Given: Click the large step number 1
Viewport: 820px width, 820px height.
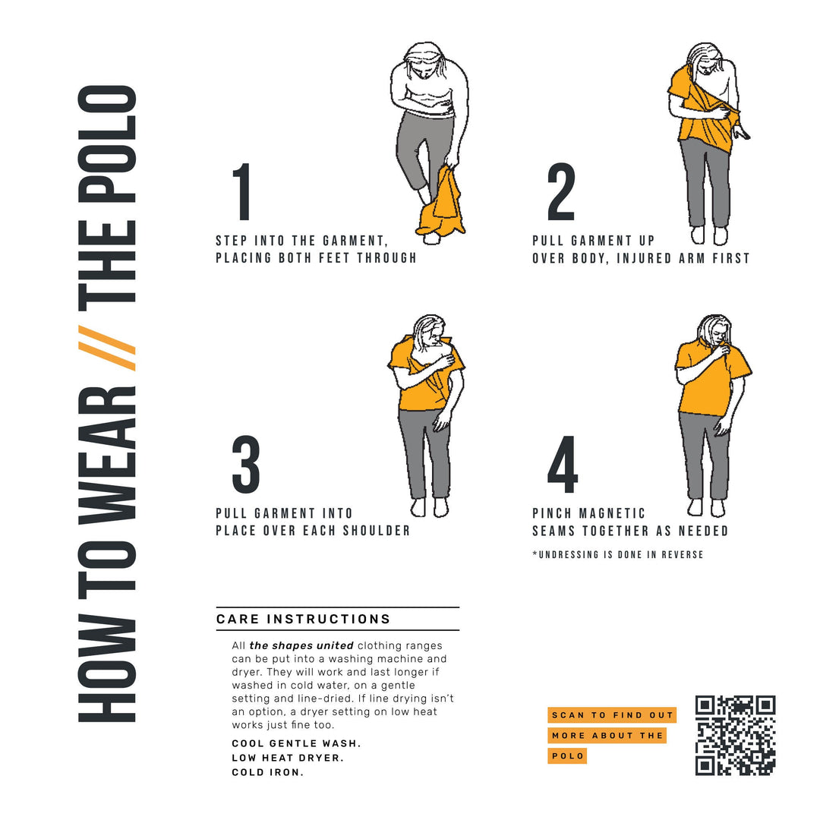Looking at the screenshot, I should pyautogui.click(x=242, y=192).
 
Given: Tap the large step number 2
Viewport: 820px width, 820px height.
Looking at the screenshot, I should pyautogui.click(x=561, y=192).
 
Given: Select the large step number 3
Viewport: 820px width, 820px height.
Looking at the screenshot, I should pyautogui.click(x=245, y=465).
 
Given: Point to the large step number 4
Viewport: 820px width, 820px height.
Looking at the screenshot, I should pyautogui.click(x=563, y=465).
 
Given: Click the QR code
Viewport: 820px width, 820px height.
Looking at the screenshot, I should pyautogui.click(x=735, y=735).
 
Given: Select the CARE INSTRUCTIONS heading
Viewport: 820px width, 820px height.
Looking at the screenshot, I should pyautogui.click(x=304, y=619).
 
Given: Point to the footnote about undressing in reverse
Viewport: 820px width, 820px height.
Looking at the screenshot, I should pyautogui.click(x=617, y=555).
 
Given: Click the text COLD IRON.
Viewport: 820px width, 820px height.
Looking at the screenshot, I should pyautogui.click(x=267, y=772).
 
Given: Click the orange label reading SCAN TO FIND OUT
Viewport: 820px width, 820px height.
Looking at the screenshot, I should pyautogui.click(x=612, y=715).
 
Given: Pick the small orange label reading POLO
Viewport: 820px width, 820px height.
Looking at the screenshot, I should pyautogui.click(x=567, y=756).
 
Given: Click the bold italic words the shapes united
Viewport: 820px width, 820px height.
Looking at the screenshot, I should pyautogui.click(x=301, y=645).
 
